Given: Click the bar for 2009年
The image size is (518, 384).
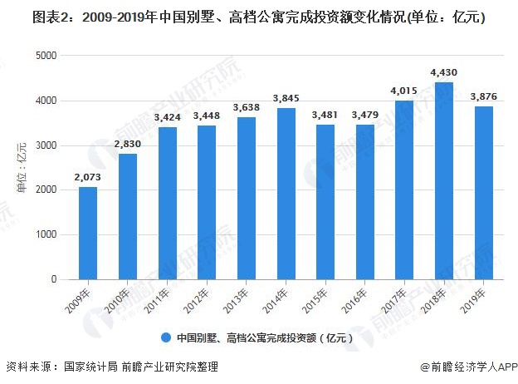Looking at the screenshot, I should point(89,234).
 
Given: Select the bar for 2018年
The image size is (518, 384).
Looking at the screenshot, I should point(444,181).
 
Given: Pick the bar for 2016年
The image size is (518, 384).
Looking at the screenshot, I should point(365,202).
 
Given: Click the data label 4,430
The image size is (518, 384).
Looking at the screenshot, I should point(444,73).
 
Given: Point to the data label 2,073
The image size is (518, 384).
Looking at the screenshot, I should point(89,178).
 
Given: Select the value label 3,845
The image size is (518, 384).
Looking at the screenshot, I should point(286,99).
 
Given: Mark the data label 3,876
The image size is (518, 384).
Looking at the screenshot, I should point(483,97).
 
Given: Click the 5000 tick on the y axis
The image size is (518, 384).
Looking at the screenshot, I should point(46,56).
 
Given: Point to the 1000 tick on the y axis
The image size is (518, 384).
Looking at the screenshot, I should point(46,235).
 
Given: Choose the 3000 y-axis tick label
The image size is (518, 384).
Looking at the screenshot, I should point(46,145).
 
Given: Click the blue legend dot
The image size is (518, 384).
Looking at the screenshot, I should point(166,337).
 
